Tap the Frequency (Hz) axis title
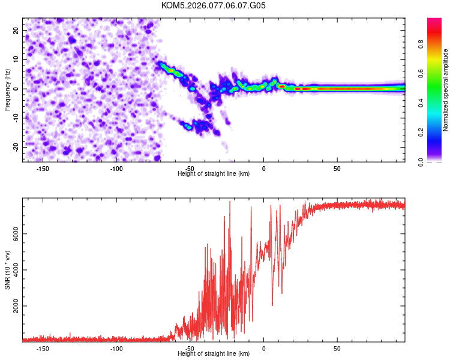click(7, 90)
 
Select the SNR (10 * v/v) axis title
click(7, 271)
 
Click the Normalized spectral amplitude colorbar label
click(446, 90)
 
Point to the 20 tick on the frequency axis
click(16, 30)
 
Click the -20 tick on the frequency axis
click(15, 147)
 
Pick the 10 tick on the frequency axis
click(16, 59)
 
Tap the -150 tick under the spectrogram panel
click(43, 168)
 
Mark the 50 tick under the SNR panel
click(337, 348)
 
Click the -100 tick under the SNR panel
click(116, 348)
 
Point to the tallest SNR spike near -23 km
click(230, 202)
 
